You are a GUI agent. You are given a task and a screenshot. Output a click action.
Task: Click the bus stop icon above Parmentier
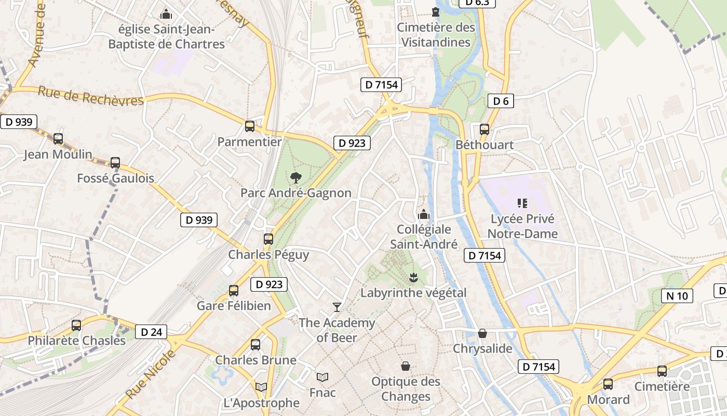coord(250,126)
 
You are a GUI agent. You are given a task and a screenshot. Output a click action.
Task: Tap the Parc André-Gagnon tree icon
coord(296,178)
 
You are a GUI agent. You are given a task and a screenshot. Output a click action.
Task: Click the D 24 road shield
coord(151,332)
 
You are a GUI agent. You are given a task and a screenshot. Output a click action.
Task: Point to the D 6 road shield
coord(501,101)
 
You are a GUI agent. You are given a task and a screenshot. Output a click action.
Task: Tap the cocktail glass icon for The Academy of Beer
coord(337,307)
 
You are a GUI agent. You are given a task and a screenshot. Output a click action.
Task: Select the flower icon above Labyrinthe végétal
coord(413,277)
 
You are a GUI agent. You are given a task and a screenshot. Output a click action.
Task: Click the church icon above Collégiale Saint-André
coord(424,214)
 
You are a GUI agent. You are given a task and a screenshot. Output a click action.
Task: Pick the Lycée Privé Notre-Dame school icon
coord(522,203)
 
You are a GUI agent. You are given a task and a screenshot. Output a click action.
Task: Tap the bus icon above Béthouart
coord(484,129)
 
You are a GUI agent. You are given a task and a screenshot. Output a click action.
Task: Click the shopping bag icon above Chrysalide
coord(482,333)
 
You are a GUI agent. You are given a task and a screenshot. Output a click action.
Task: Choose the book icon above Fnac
coord(322,377)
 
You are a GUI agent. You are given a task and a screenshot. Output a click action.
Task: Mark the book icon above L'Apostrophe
coord(261,387)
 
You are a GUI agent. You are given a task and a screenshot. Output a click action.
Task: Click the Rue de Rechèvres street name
coord(91,96)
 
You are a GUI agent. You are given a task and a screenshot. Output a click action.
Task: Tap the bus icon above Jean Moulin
coord(58,139)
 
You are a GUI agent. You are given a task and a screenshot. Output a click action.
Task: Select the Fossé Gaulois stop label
coord(115,178)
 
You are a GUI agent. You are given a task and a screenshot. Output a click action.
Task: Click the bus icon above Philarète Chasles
coord(76,326)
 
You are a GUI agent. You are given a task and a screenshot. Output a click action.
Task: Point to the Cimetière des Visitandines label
coord(436,34)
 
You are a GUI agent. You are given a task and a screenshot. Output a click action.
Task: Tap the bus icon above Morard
coord(608,384)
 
